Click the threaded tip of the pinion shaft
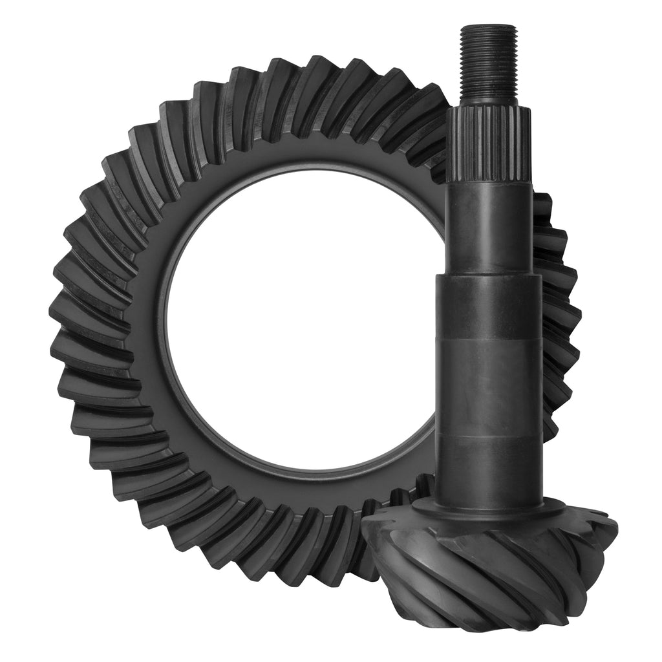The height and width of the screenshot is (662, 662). [x=488, y=65]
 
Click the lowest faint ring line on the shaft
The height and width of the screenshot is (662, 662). [x=488, y=440]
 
